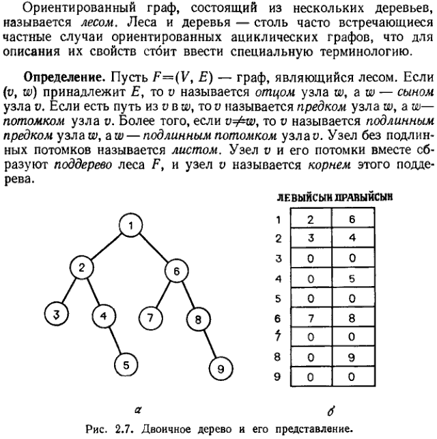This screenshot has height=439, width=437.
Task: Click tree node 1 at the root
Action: coord(129,226)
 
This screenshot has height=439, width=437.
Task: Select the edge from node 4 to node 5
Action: coord(114,340)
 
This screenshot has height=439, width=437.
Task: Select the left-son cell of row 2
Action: coord(311,239)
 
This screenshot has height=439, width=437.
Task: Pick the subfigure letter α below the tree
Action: coord(137,410)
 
